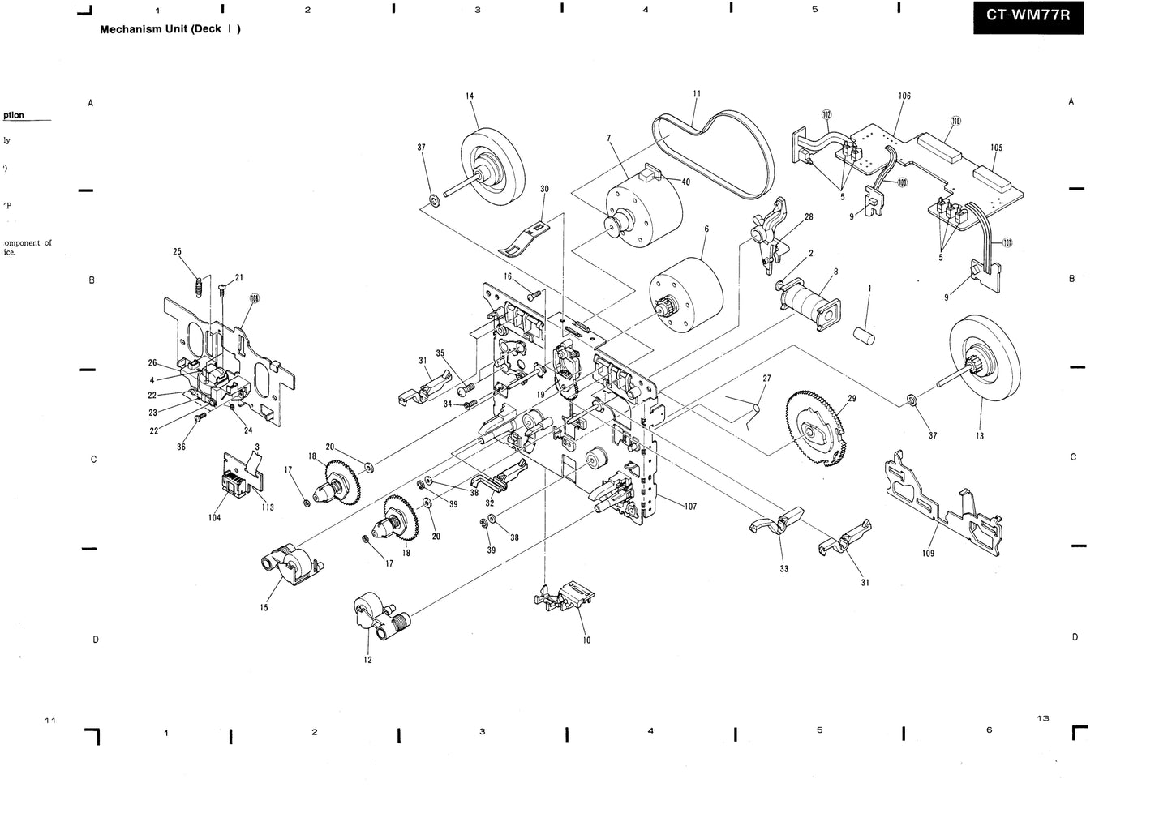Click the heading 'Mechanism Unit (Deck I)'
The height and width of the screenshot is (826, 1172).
[170, 29]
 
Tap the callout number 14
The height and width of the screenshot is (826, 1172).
[470, 96]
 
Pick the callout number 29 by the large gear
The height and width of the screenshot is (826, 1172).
[852, 399]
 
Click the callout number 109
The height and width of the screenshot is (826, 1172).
[928, 553]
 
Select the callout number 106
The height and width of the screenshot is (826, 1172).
[904, 96]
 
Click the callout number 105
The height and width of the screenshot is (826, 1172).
[996, 148]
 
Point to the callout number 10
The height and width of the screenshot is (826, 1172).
[586, 640]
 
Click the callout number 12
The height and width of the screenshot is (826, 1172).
[368, 660]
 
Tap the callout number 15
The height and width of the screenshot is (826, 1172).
[264, 607]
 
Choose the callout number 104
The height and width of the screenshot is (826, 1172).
[214, 517]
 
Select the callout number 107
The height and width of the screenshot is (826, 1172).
[690, 507]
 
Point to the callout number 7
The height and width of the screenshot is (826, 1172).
[608, 139]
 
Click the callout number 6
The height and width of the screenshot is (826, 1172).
[706, 229]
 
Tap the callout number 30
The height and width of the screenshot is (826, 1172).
[544, 189]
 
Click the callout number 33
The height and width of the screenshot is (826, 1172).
[784, 569]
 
